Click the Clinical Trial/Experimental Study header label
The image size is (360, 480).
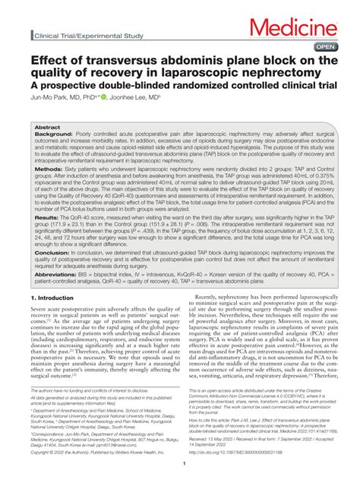click(84, 36)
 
